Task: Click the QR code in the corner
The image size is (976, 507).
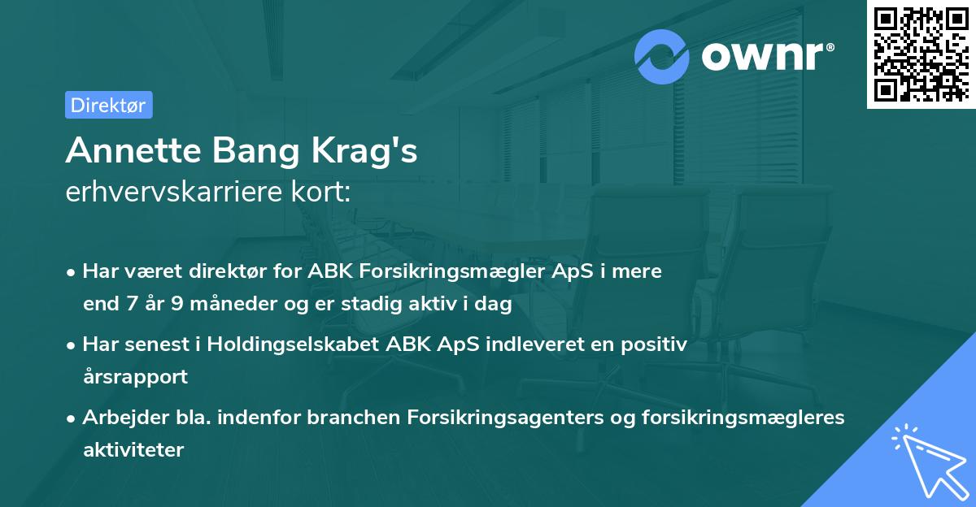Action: (921, 54)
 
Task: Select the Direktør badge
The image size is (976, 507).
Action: (108, 105)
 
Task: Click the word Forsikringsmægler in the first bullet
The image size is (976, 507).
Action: (420, 271)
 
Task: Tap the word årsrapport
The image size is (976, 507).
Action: (135, 377)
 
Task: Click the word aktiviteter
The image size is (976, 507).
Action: (133, 449)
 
